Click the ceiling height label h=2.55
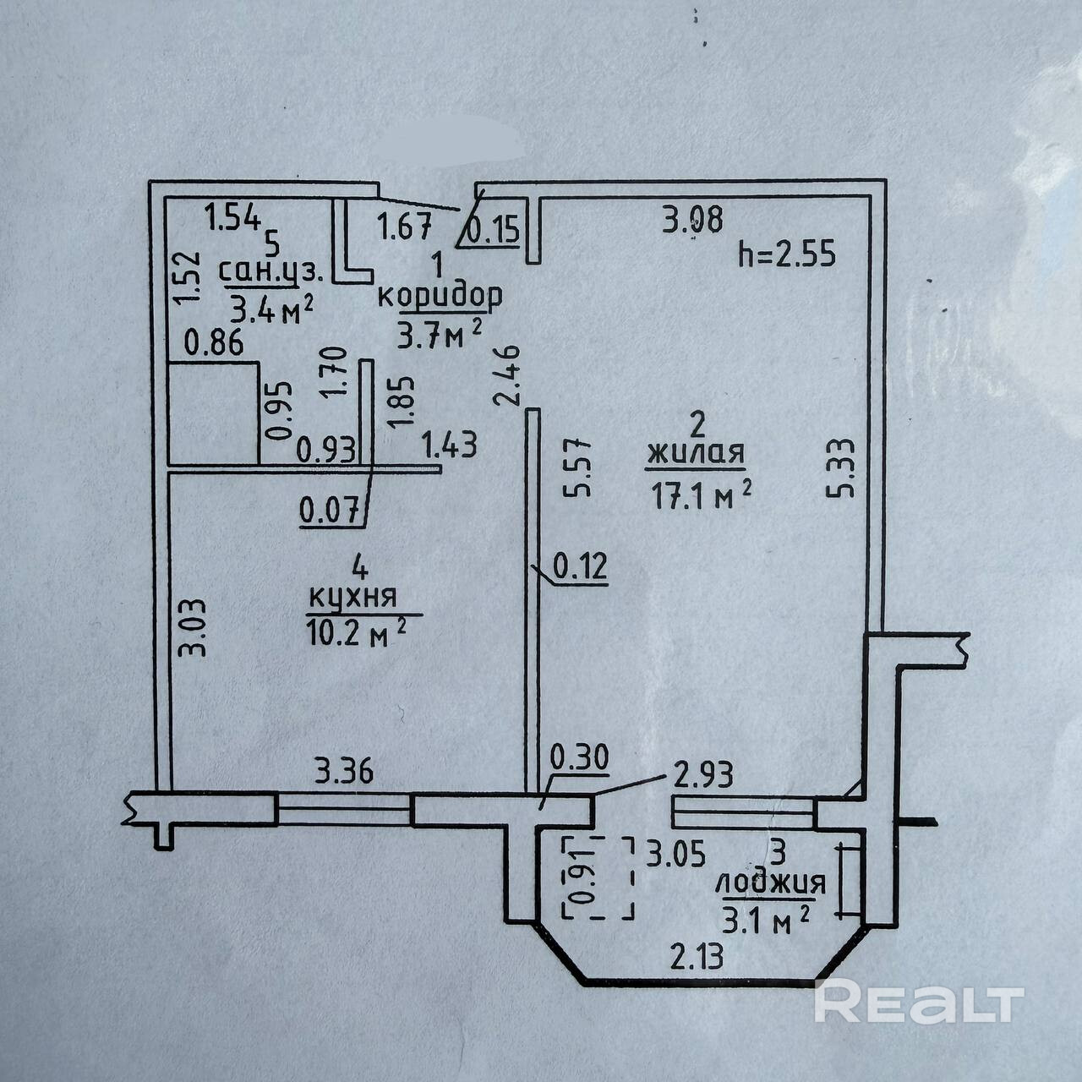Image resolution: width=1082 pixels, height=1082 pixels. pos(786,253)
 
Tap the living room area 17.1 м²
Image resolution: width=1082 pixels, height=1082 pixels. pos(702,495)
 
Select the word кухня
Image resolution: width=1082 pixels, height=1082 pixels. pos(352,597)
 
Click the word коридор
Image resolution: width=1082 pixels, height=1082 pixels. pos(440,297)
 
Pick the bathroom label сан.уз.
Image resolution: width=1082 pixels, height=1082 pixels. pos(271,271)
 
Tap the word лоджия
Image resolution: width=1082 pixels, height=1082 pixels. pos(770,884)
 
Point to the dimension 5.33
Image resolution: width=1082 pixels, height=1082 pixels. pos(847,467)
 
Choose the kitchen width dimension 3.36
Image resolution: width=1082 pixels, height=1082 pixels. pos(344,772)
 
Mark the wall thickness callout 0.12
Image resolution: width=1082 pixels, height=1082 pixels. pos(580,567)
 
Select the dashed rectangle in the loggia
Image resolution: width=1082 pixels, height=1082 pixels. pos(598,877)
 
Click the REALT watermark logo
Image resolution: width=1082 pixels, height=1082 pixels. pos(919,1003)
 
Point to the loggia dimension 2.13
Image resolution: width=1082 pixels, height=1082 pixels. pos(697,958)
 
